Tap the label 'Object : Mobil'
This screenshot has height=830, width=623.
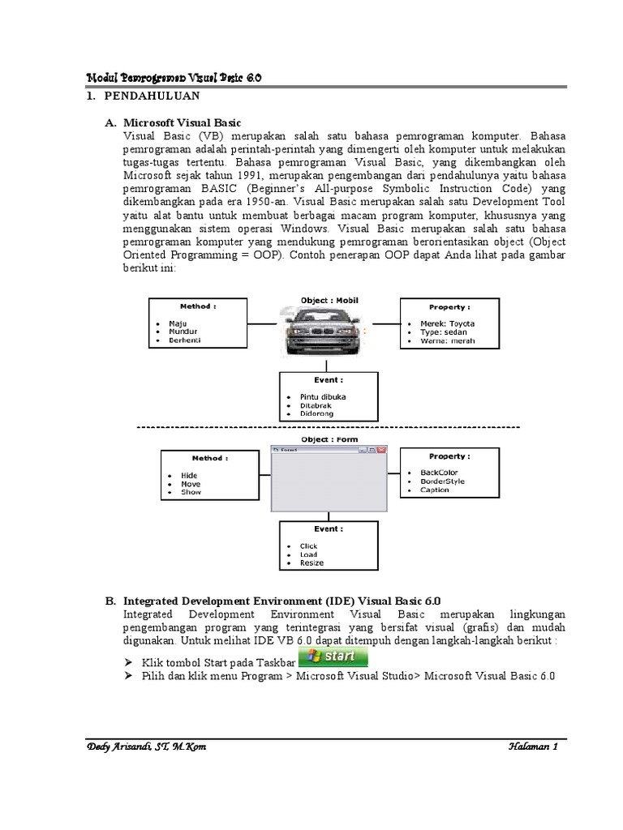tap(329, 300)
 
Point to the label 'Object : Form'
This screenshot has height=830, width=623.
tap(329, 439)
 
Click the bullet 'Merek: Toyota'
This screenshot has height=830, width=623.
tap(447, 323)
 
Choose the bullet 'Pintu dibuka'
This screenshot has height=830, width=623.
tap(323, 396)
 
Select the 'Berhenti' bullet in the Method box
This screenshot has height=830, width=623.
tap(185, 340)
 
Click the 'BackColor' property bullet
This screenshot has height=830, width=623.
tap(439, 473)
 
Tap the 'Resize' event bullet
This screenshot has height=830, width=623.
tap(311, 563)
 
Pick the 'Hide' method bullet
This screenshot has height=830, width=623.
tap(189, 476)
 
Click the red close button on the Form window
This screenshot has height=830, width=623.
tap(382, 449)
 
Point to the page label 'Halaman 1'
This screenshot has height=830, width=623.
tap(531, 747)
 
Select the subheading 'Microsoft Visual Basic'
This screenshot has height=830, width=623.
tap(182, 122)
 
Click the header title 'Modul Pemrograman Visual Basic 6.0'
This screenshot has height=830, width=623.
tap(174, 77)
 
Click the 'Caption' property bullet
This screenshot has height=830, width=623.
tap(434, 490)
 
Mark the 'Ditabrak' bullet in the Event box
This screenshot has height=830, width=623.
tap(316, 405)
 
